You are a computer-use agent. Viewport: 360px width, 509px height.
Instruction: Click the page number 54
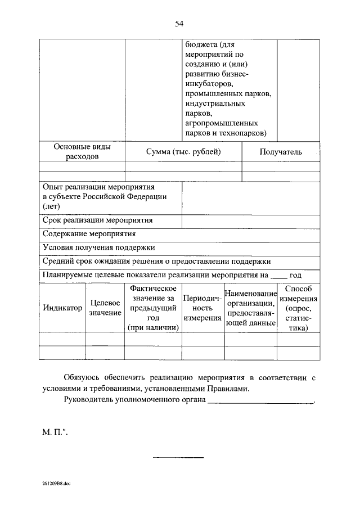pyautogui.click(x=179, y=23)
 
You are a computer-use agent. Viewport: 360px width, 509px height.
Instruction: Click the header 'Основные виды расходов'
pyautogui.click(x=82, y=152)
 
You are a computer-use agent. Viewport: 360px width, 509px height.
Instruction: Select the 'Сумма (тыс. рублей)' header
pyautogui.click(x=183, y=152)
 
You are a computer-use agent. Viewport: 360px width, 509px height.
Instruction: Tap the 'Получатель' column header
pyautogui.click(x=281, y=152)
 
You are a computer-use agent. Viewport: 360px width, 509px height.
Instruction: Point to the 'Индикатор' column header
pyautogui.click(x=62, y=308)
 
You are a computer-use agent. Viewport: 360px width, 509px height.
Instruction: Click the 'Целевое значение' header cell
pyautogui.click(x=105, y=308)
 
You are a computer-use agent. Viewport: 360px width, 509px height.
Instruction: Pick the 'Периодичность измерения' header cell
pyautogui.click(x=202, y=308)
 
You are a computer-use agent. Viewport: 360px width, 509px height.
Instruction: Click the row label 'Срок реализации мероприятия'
pyautogui.click(x=97, y=220)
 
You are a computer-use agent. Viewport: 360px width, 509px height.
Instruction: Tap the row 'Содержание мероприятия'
pyautogui.click(x=89, y=233)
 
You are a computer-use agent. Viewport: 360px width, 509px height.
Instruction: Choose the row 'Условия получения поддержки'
pyautogui.click(x=98, y=247)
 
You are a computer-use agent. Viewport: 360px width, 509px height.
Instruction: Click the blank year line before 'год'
pyautogui.click(x=278, y=276)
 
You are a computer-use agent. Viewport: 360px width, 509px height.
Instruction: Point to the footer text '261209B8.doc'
pyautogui.click(x=56, y=483)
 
